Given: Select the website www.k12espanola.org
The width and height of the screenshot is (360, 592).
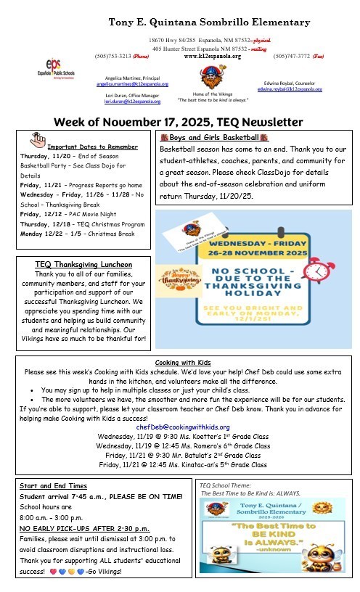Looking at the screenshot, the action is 212,55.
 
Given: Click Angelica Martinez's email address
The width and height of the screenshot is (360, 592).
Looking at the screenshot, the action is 131,85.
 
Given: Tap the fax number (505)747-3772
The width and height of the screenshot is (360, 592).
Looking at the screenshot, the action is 292,55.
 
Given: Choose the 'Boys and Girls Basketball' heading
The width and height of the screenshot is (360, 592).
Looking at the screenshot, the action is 213,136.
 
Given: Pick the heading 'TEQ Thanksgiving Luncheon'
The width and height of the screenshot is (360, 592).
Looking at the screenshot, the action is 83,264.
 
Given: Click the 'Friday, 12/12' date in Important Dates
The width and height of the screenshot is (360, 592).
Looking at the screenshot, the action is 38,215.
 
